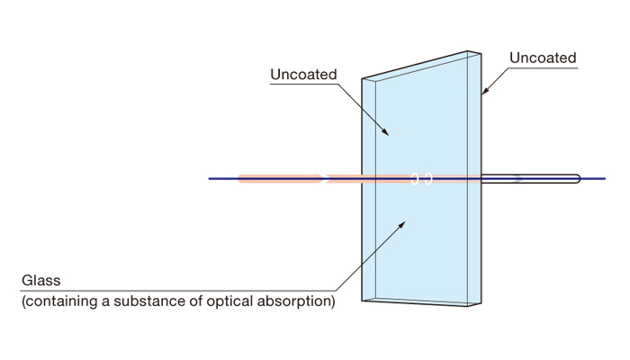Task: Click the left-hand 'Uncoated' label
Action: tap(303, 75)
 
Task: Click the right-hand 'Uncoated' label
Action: tap(543, 58)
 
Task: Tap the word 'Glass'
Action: tap(42, 281)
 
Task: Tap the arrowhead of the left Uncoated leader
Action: tap(388, 134)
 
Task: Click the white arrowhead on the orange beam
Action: tap(324, 178)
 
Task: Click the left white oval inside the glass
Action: tap(415, 178)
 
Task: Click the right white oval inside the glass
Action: tap(428, 178)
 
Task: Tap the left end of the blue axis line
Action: tap(210, 178)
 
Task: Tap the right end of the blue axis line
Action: tap(605, 178)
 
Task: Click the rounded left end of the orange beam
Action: tap(239, 178)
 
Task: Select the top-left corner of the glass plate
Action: tap(363, 79)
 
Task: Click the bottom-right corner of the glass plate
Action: tap(481, 305)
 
